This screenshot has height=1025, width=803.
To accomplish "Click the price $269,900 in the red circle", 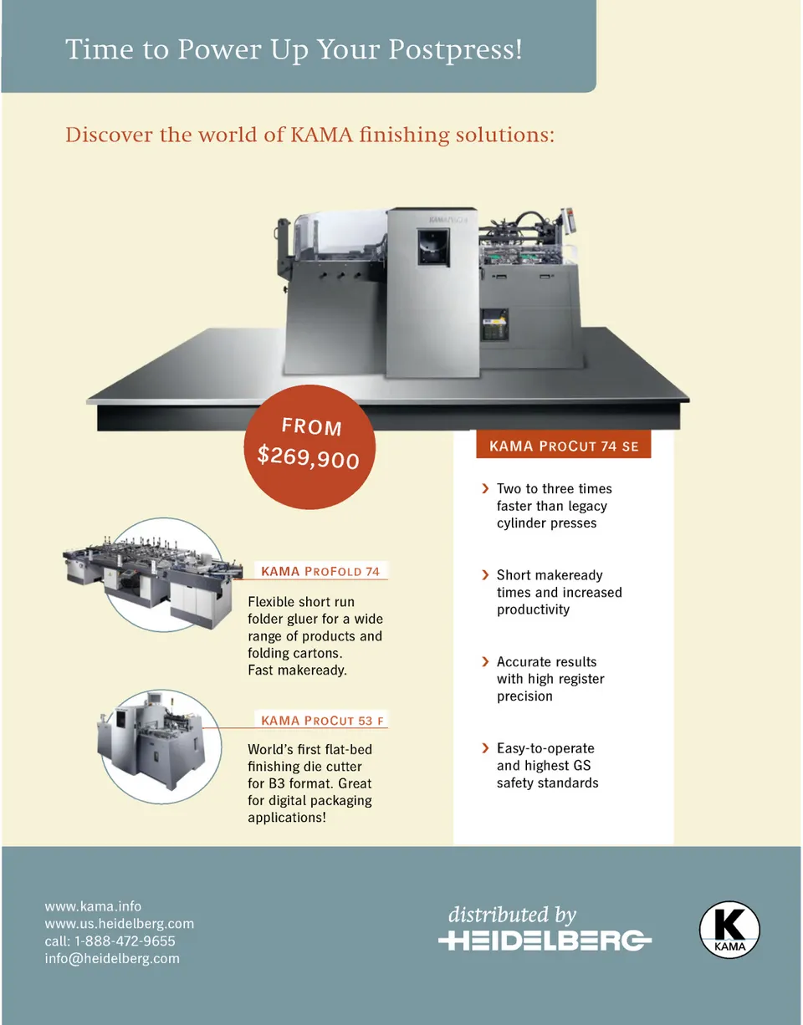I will point(308,456).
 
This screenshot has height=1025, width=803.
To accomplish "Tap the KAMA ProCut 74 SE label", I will point(563,446).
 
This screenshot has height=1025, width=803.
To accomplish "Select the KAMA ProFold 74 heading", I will point(320,572).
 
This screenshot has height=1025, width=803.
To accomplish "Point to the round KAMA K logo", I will point(729,929).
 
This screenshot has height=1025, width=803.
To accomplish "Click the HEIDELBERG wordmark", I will point(545,941).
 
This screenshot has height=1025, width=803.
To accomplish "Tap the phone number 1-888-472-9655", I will point(122,941).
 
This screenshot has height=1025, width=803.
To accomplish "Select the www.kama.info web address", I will point(93,906).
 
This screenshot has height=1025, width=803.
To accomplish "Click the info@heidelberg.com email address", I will point(112,959).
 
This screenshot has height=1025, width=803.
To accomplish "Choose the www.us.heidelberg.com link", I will point(119,924).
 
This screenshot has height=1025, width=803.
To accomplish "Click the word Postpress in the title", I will point(455,49).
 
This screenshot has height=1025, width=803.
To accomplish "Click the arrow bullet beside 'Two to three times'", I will point(485,488).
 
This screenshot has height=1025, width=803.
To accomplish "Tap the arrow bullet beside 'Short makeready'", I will point(485,575).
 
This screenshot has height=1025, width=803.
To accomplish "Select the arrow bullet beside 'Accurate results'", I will point(485,661).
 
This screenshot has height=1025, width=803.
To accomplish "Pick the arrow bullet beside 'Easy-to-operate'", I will point(485,748).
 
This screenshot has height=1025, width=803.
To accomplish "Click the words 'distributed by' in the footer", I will point(512,915).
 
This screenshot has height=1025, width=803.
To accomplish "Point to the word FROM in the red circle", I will point(311,426).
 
